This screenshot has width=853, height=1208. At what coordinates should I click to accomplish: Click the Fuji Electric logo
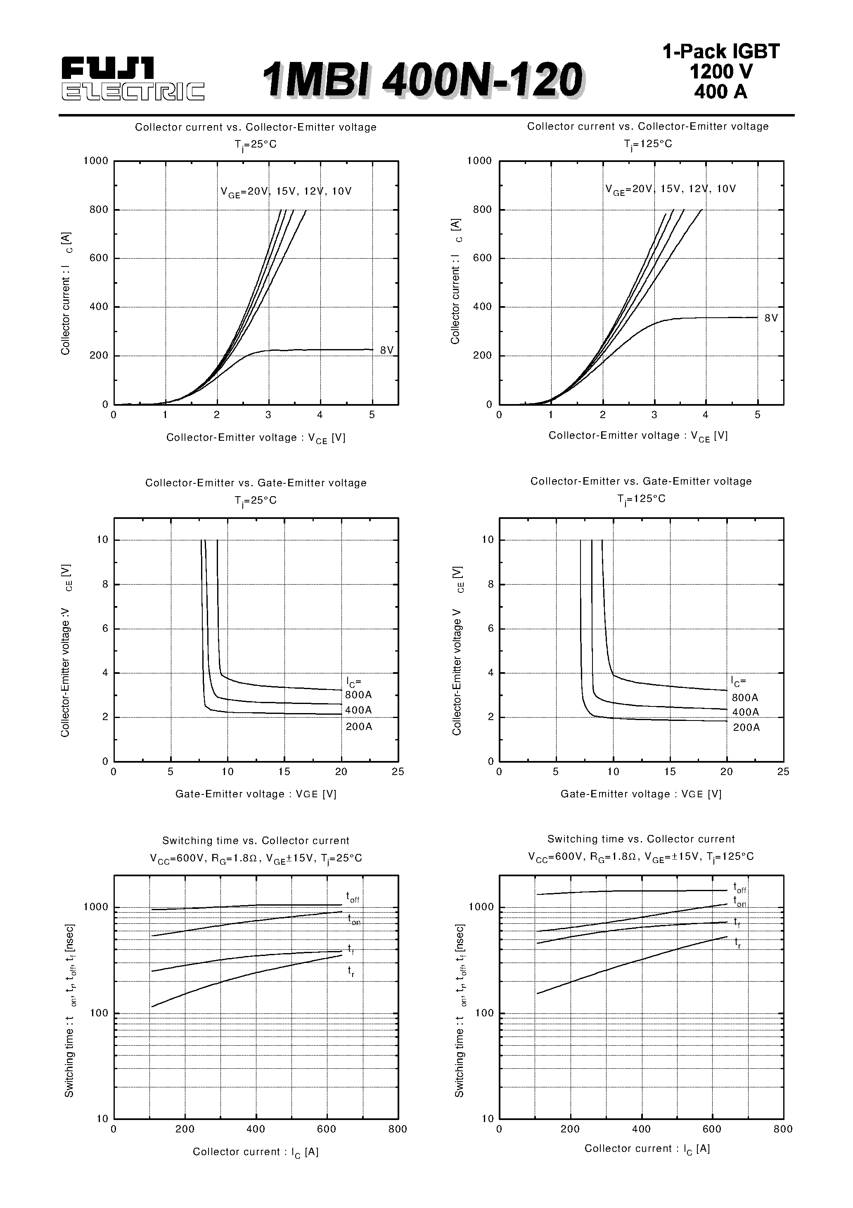tap(133, 78)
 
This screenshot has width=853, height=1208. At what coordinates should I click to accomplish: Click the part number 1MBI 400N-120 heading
tap(422, 80)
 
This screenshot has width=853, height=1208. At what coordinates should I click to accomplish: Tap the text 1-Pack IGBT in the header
tap(720, 52)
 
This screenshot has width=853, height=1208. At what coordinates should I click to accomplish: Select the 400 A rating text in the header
tap(720, 92)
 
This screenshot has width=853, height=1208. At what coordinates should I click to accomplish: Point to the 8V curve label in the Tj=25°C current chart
tap(386, 350)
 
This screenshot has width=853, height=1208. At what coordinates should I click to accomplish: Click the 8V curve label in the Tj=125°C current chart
tap(771, 318)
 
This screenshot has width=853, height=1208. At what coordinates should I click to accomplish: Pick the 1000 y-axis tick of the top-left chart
tap(96, 161)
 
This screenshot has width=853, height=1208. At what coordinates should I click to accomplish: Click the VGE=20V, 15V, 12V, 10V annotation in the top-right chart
tap(670, 189)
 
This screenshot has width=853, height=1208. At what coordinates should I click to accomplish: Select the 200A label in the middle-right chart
tap(746, 728)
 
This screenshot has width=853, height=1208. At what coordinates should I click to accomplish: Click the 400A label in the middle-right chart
tap(745, 712)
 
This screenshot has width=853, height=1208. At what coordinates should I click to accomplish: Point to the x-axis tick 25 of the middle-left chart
tap(398, 772)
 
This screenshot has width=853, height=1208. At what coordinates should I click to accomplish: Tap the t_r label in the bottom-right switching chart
tap(738, 942)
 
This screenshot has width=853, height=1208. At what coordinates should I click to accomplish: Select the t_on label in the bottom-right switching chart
tap(739, 902)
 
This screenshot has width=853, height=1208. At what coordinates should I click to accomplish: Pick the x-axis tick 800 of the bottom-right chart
tap(783, 1129)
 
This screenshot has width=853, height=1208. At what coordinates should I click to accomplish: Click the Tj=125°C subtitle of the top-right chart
tap(648, 144)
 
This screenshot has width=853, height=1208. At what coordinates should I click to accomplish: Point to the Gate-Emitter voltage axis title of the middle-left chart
tap(256, 794)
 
